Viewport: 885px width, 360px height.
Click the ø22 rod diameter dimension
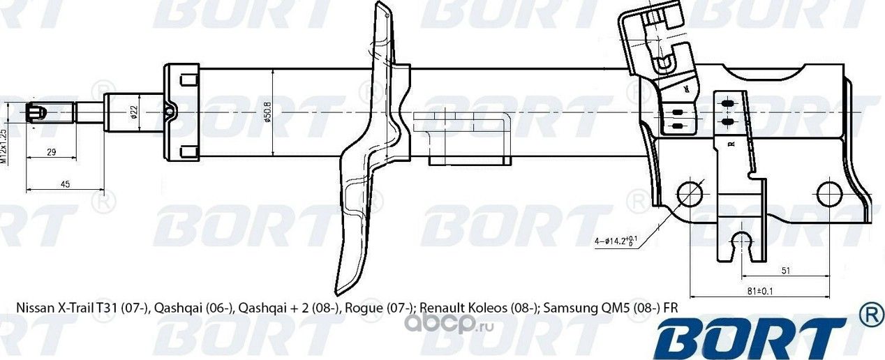[133, 112]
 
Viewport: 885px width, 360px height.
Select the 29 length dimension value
[52, 151]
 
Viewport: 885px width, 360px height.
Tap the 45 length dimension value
[64, 183]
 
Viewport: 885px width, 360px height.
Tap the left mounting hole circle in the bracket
[690, 193]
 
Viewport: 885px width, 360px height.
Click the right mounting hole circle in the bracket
[828, 193]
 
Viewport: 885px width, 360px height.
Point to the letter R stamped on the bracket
[731, 144]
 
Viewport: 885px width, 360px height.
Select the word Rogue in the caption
[362, 308]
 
